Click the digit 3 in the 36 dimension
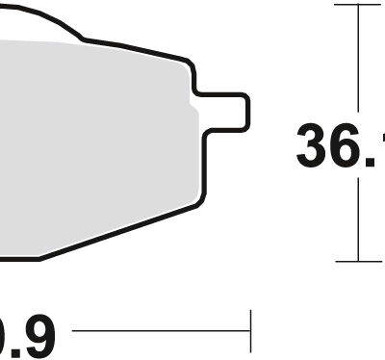click(x=315, y=146)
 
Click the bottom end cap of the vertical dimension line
click(x=358, y=260)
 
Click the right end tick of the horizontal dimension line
click(x=250, y=332)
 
